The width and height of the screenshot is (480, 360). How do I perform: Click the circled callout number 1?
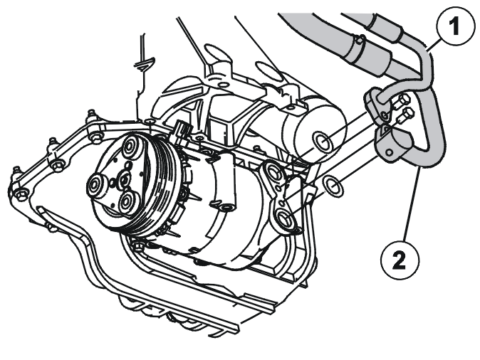[455, 26]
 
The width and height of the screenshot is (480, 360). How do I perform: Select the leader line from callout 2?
[410, 204]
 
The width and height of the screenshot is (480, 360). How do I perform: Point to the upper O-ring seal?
[323, 142]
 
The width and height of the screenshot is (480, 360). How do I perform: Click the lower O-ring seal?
[333, 186]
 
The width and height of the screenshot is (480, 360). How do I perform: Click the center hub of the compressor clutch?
[125, 181]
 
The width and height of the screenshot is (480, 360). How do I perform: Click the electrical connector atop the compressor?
[181, 130]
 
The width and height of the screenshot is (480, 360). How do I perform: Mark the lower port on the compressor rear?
[285, 218]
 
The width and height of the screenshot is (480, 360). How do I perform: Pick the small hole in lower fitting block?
[389, 152]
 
